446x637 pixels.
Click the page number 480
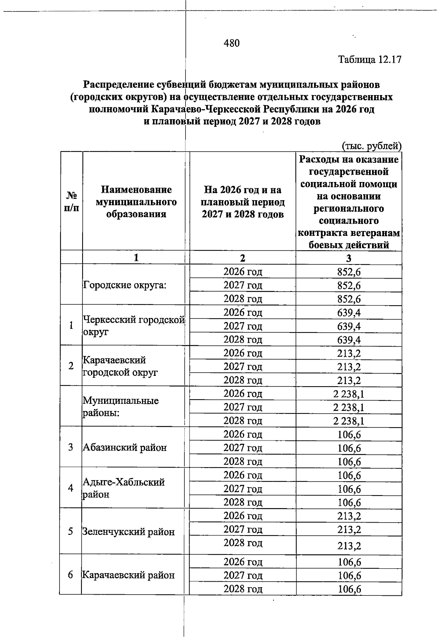pos(232,43)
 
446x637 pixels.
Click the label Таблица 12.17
pos(370,59)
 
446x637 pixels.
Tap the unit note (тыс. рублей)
pos(371,146)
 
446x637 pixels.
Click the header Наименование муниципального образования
pos(136,202)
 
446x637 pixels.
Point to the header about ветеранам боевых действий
pos(349,202)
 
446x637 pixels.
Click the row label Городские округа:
pos(125,285)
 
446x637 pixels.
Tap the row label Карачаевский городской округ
pos(120,366)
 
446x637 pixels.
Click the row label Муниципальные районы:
pos(120,407)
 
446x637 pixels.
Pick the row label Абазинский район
pos(125,448)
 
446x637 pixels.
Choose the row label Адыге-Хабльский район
pos(123,488)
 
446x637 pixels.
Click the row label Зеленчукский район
pos(129,532)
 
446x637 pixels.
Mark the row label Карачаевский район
pos(129,575)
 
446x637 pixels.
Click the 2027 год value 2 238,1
pos(349,407)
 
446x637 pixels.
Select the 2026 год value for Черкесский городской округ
pos(349,313)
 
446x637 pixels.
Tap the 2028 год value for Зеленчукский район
pos(349,546)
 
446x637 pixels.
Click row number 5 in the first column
pos(71,532)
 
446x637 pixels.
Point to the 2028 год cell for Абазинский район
pos(243,462)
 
